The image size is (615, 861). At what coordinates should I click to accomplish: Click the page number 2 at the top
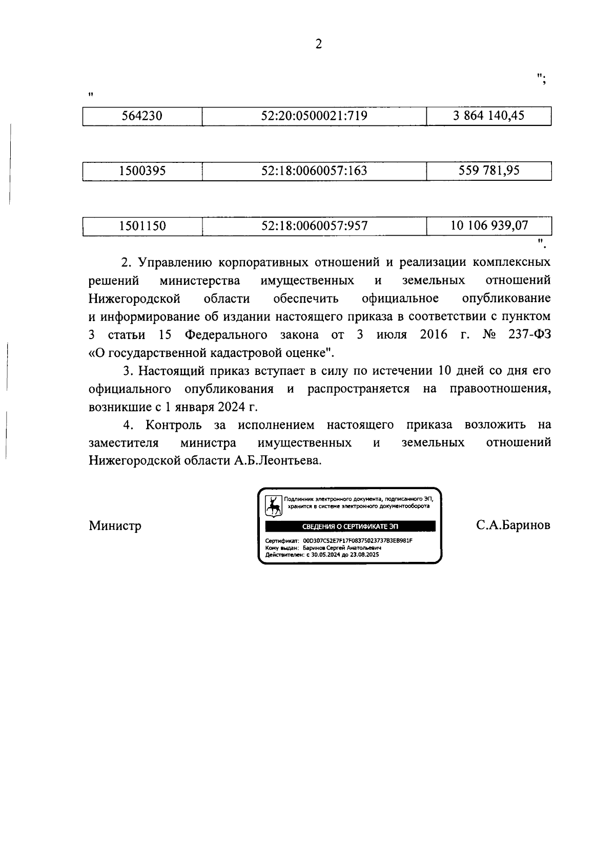tap(318, 45)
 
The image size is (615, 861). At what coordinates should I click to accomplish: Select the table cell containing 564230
tap(142, 116)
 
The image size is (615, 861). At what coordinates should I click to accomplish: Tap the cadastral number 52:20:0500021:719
tap(314, 116)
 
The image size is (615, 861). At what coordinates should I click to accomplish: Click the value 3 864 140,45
tap(488, 116)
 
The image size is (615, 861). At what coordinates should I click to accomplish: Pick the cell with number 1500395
tap(142, 171)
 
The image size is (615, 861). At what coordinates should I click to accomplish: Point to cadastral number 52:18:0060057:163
tap(314, 171)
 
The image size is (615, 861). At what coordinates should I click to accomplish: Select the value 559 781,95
tap(488, 171)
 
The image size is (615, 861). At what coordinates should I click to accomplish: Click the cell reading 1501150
tap(142, 225)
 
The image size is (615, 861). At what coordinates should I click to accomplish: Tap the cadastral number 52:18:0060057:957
tap(314, 225)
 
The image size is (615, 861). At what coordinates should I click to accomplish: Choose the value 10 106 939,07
tap(488, 225)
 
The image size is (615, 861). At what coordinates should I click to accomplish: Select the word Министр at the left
tap(115, 526)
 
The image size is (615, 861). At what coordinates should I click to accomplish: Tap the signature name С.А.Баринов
tap(512, 526)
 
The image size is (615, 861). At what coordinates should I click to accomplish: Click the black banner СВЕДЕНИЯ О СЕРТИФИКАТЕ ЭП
tap(350, 526)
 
